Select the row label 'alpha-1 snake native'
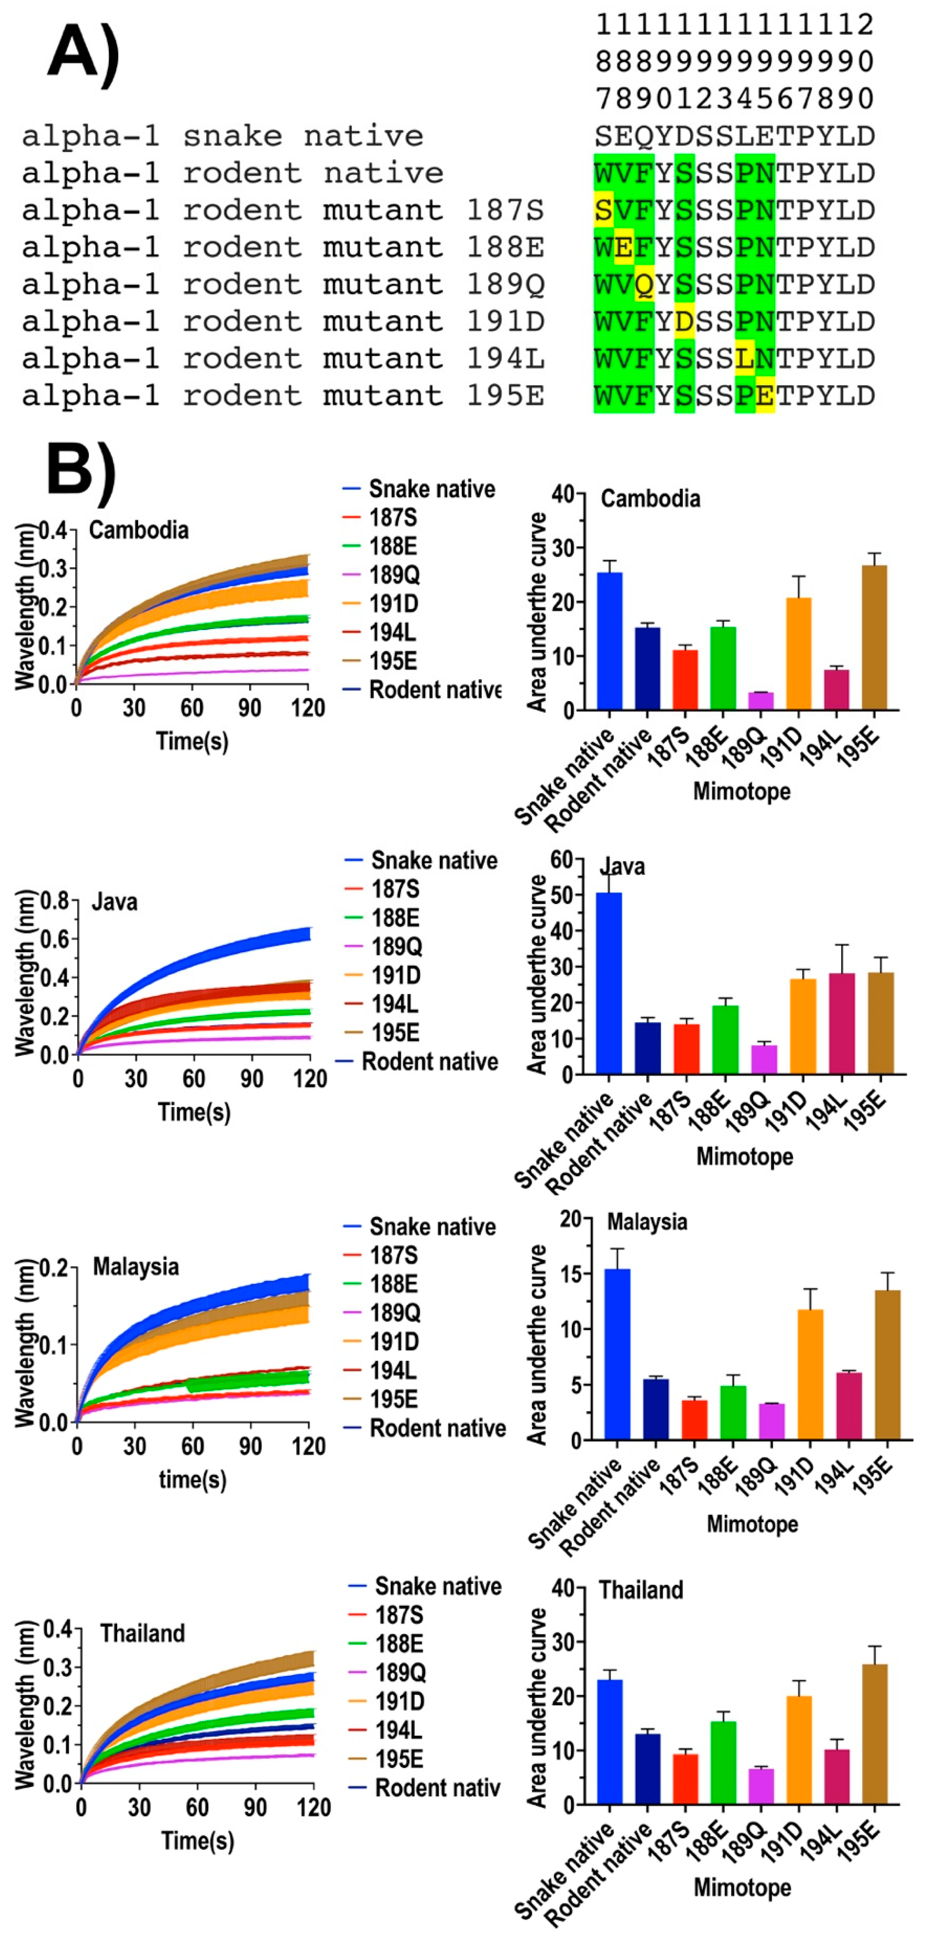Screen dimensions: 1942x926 [x=223, y=137]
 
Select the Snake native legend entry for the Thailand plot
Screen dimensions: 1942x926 [x=438, y=1586]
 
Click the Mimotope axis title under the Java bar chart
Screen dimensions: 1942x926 [x=744, y=1156]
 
